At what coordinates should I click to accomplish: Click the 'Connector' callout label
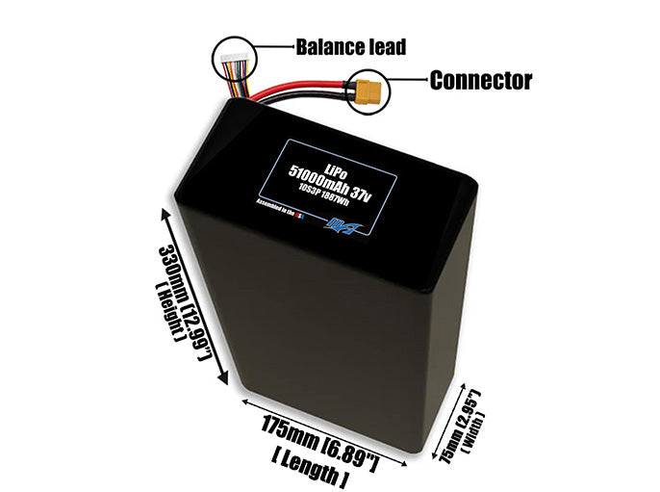click(480, 80)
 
